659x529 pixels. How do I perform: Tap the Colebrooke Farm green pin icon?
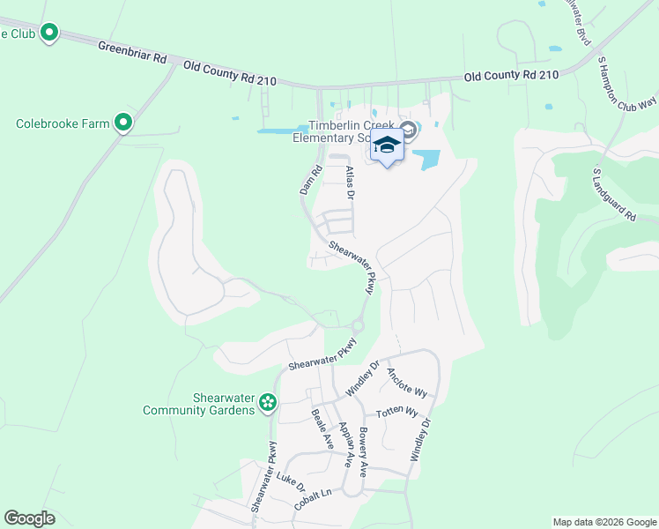click(x=124, y=123)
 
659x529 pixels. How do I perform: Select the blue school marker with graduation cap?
click(x=387, y=145)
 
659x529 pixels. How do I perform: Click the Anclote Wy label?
click(x=406, y=383)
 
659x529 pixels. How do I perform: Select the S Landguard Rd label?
click(x=614, y=195)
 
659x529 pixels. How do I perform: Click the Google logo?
click(x=29, y=518)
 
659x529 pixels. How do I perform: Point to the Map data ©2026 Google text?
click(x=603, y=522)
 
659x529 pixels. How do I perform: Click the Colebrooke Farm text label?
click(x=63, y=123)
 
